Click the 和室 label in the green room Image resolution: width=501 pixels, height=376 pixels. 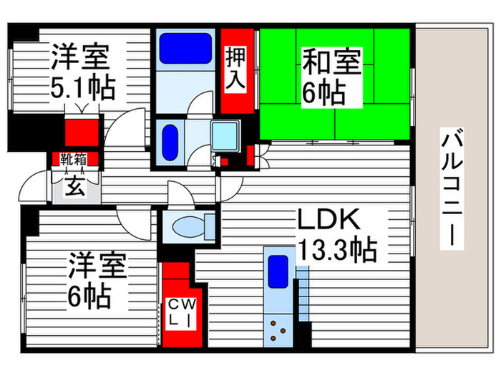(333, 61)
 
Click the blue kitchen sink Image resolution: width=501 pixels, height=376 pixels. (278, 272)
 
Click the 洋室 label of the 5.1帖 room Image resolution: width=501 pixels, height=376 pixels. (79, 56)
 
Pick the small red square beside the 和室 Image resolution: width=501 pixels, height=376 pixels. (249, 153)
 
